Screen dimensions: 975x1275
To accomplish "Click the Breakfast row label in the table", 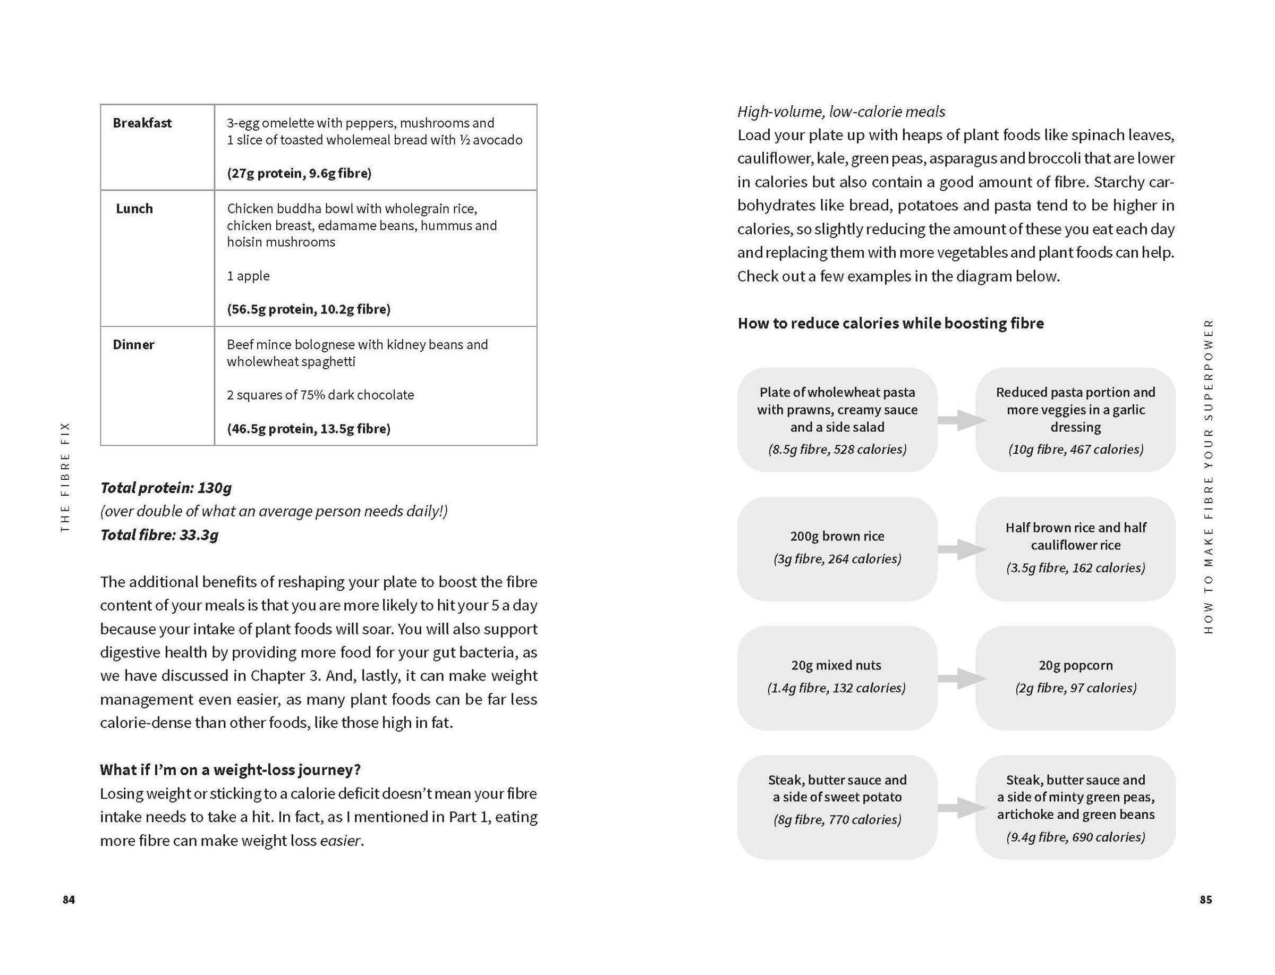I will tap(142, 123).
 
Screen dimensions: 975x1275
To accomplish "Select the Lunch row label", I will tap(134, 209).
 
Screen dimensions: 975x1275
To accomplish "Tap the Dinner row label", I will tap(133, 345).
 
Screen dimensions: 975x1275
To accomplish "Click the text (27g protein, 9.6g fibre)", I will tap(299, 173).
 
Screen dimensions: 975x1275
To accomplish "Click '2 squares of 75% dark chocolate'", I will tap(320, 395).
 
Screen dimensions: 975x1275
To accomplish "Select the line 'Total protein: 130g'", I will tap(166, 488).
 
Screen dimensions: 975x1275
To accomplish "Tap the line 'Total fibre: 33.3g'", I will tap(159, 535).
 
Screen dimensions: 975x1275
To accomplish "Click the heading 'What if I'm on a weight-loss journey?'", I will tap(230, 769).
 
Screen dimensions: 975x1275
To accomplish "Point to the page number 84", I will tap(69, 899).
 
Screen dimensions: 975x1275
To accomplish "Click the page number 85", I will tap(1205, 899).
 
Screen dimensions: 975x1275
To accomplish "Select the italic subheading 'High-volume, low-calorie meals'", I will tap(841, 112).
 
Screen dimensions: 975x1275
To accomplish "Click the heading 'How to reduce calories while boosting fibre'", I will tap(890, 323).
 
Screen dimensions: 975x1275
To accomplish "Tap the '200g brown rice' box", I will tap(837, 548).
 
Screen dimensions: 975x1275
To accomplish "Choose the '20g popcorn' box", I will tap(1075, 677).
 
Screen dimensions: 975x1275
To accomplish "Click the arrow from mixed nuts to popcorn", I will tap(961, 678).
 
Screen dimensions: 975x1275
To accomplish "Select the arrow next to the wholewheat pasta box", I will tap(961, 420).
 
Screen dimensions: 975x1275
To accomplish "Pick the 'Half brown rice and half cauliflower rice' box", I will tap(1075, 548).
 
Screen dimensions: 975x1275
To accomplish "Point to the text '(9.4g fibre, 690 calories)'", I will tap(1075, 837).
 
